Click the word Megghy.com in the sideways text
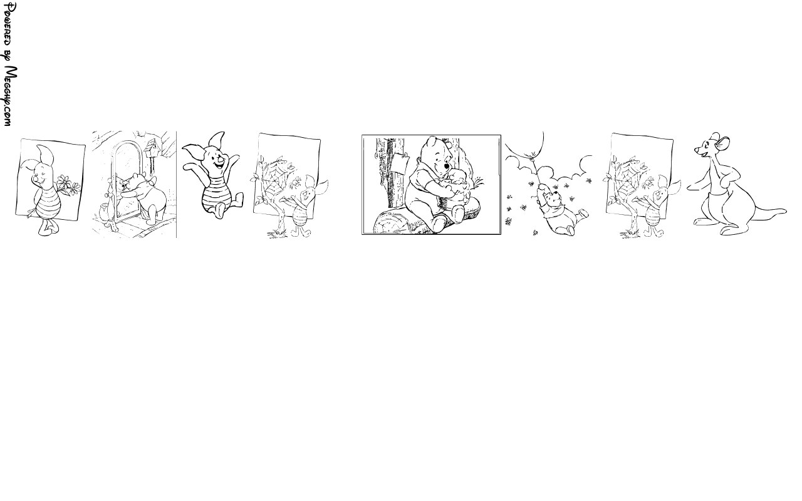pyautogui.click(x=10, y=96)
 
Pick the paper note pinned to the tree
pyautogui.click(x=399, y=163)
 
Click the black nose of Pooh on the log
pyautogui.click(x=446, y=167)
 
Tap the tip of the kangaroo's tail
pyautogui.click(x=786, y=211)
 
